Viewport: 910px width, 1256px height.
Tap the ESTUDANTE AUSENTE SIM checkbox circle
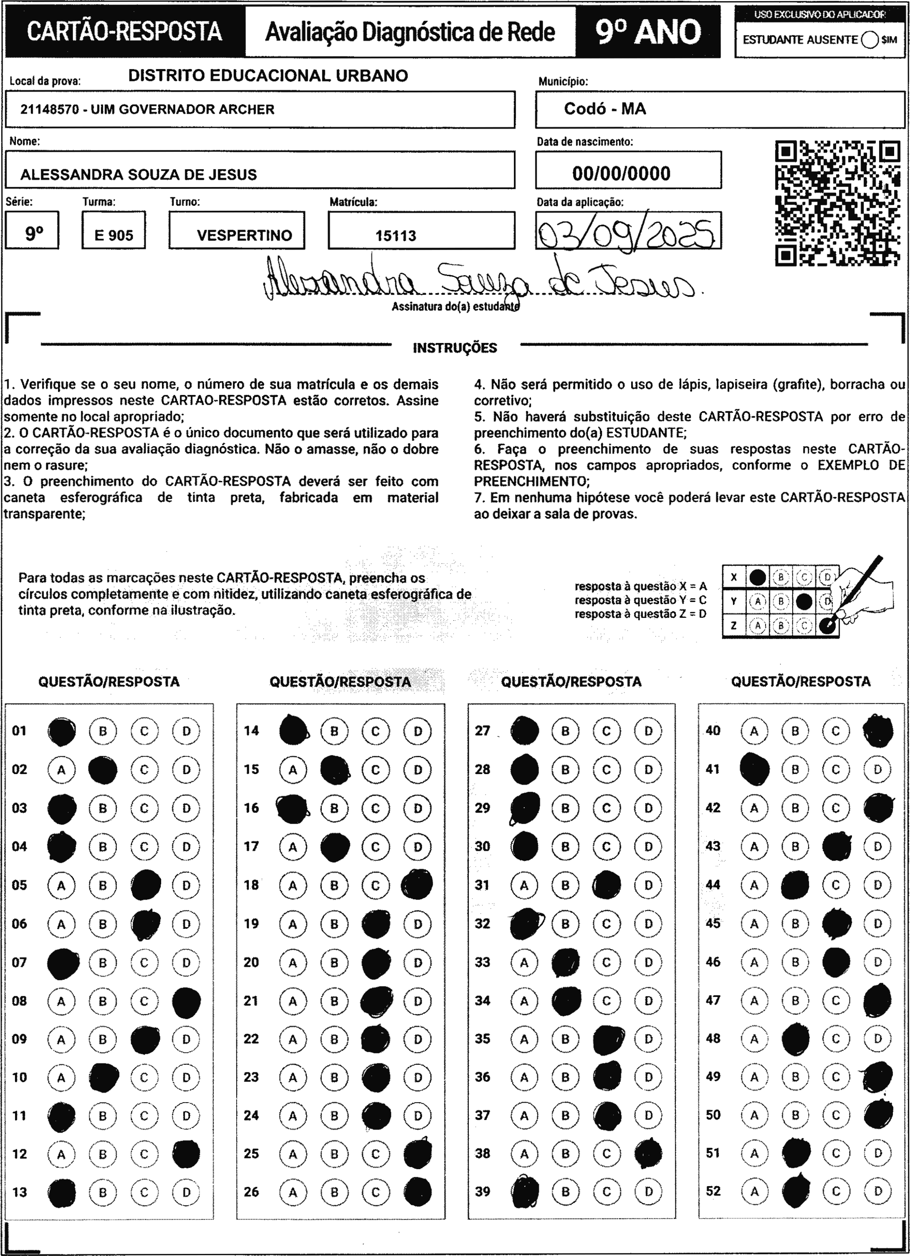[869, 40]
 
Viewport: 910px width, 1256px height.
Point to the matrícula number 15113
[395, 235]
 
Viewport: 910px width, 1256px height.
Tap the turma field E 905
[114, 235]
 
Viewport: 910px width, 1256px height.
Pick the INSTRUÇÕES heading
[455, 348]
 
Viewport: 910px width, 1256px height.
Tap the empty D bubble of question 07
[186, 963]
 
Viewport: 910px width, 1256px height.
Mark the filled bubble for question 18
[417, 885]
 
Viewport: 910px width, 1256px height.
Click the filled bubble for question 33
[565, 963]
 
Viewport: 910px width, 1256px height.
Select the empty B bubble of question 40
[795, 731]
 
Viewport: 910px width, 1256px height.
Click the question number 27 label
[483, 731]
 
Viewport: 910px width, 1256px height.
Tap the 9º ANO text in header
[648, 32]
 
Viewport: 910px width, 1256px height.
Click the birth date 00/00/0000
[621, 173]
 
